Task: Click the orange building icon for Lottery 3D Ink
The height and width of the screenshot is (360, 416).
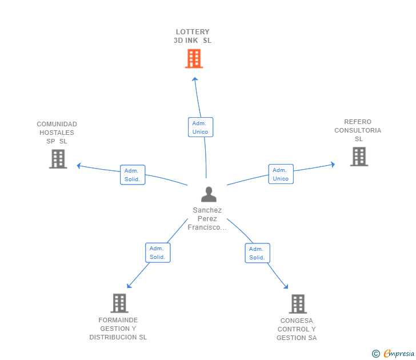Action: pos(194,58)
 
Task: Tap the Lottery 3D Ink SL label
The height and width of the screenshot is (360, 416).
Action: pos(193,36)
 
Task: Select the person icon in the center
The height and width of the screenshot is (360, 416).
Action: pos(209,194)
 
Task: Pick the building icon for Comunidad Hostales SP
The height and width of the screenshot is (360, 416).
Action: pos(58,159)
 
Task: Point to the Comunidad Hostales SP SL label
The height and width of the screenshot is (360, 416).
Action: pos(57,133)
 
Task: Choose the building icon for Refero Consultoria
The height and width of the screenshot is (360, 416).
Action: pos(358,156)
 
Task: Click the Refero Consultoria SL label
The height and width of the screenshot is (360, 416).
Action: pos(358,130)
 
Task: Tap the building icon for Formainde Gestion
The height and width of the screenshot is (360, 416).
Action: pos(119,303)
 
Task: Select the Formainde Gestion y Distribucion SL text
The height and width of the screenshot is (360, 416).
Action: pos(118,329)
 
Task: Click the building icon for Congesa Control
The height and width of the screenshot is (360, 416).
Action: pos(297,303)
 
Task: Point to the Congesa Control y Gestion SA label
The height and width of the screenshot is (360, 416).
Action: pos(297,329)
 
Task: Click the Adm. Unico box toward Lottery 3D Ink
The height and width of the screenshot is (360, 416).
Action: pos(200,127)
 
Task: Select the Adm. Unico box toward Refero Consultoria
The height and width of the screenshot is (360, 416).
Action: pos(281,174)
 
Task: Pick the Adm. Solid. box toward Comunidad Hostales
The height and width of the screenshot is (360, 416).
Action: pos(132,175)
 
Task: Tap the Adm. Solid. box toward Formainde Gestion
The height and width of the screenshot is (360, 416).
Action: pos(157,253)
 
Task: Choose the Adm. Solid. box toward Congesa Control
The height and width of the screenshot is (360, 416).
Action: pos(257,253)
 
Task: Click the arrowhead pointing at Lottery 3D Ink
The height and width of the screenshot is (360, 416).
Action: pos(194,79)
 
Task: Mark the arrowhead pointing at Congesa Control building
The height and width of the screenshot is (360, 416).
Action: pos(286,287)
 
